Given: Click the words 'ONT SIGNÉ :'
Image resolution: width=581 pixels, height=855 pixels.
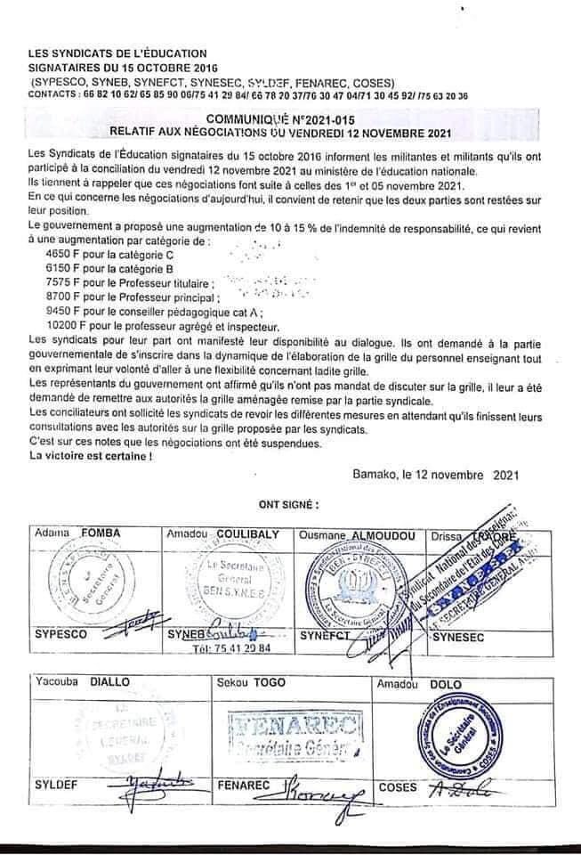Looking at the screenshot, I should (288, 503).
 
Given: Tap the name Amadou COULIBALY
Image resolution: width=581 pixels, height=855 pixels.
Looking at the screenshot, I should (223, 533).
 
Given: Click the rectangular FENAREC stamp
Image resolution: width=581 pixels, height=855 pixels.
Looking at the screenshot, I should (295, 735).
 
